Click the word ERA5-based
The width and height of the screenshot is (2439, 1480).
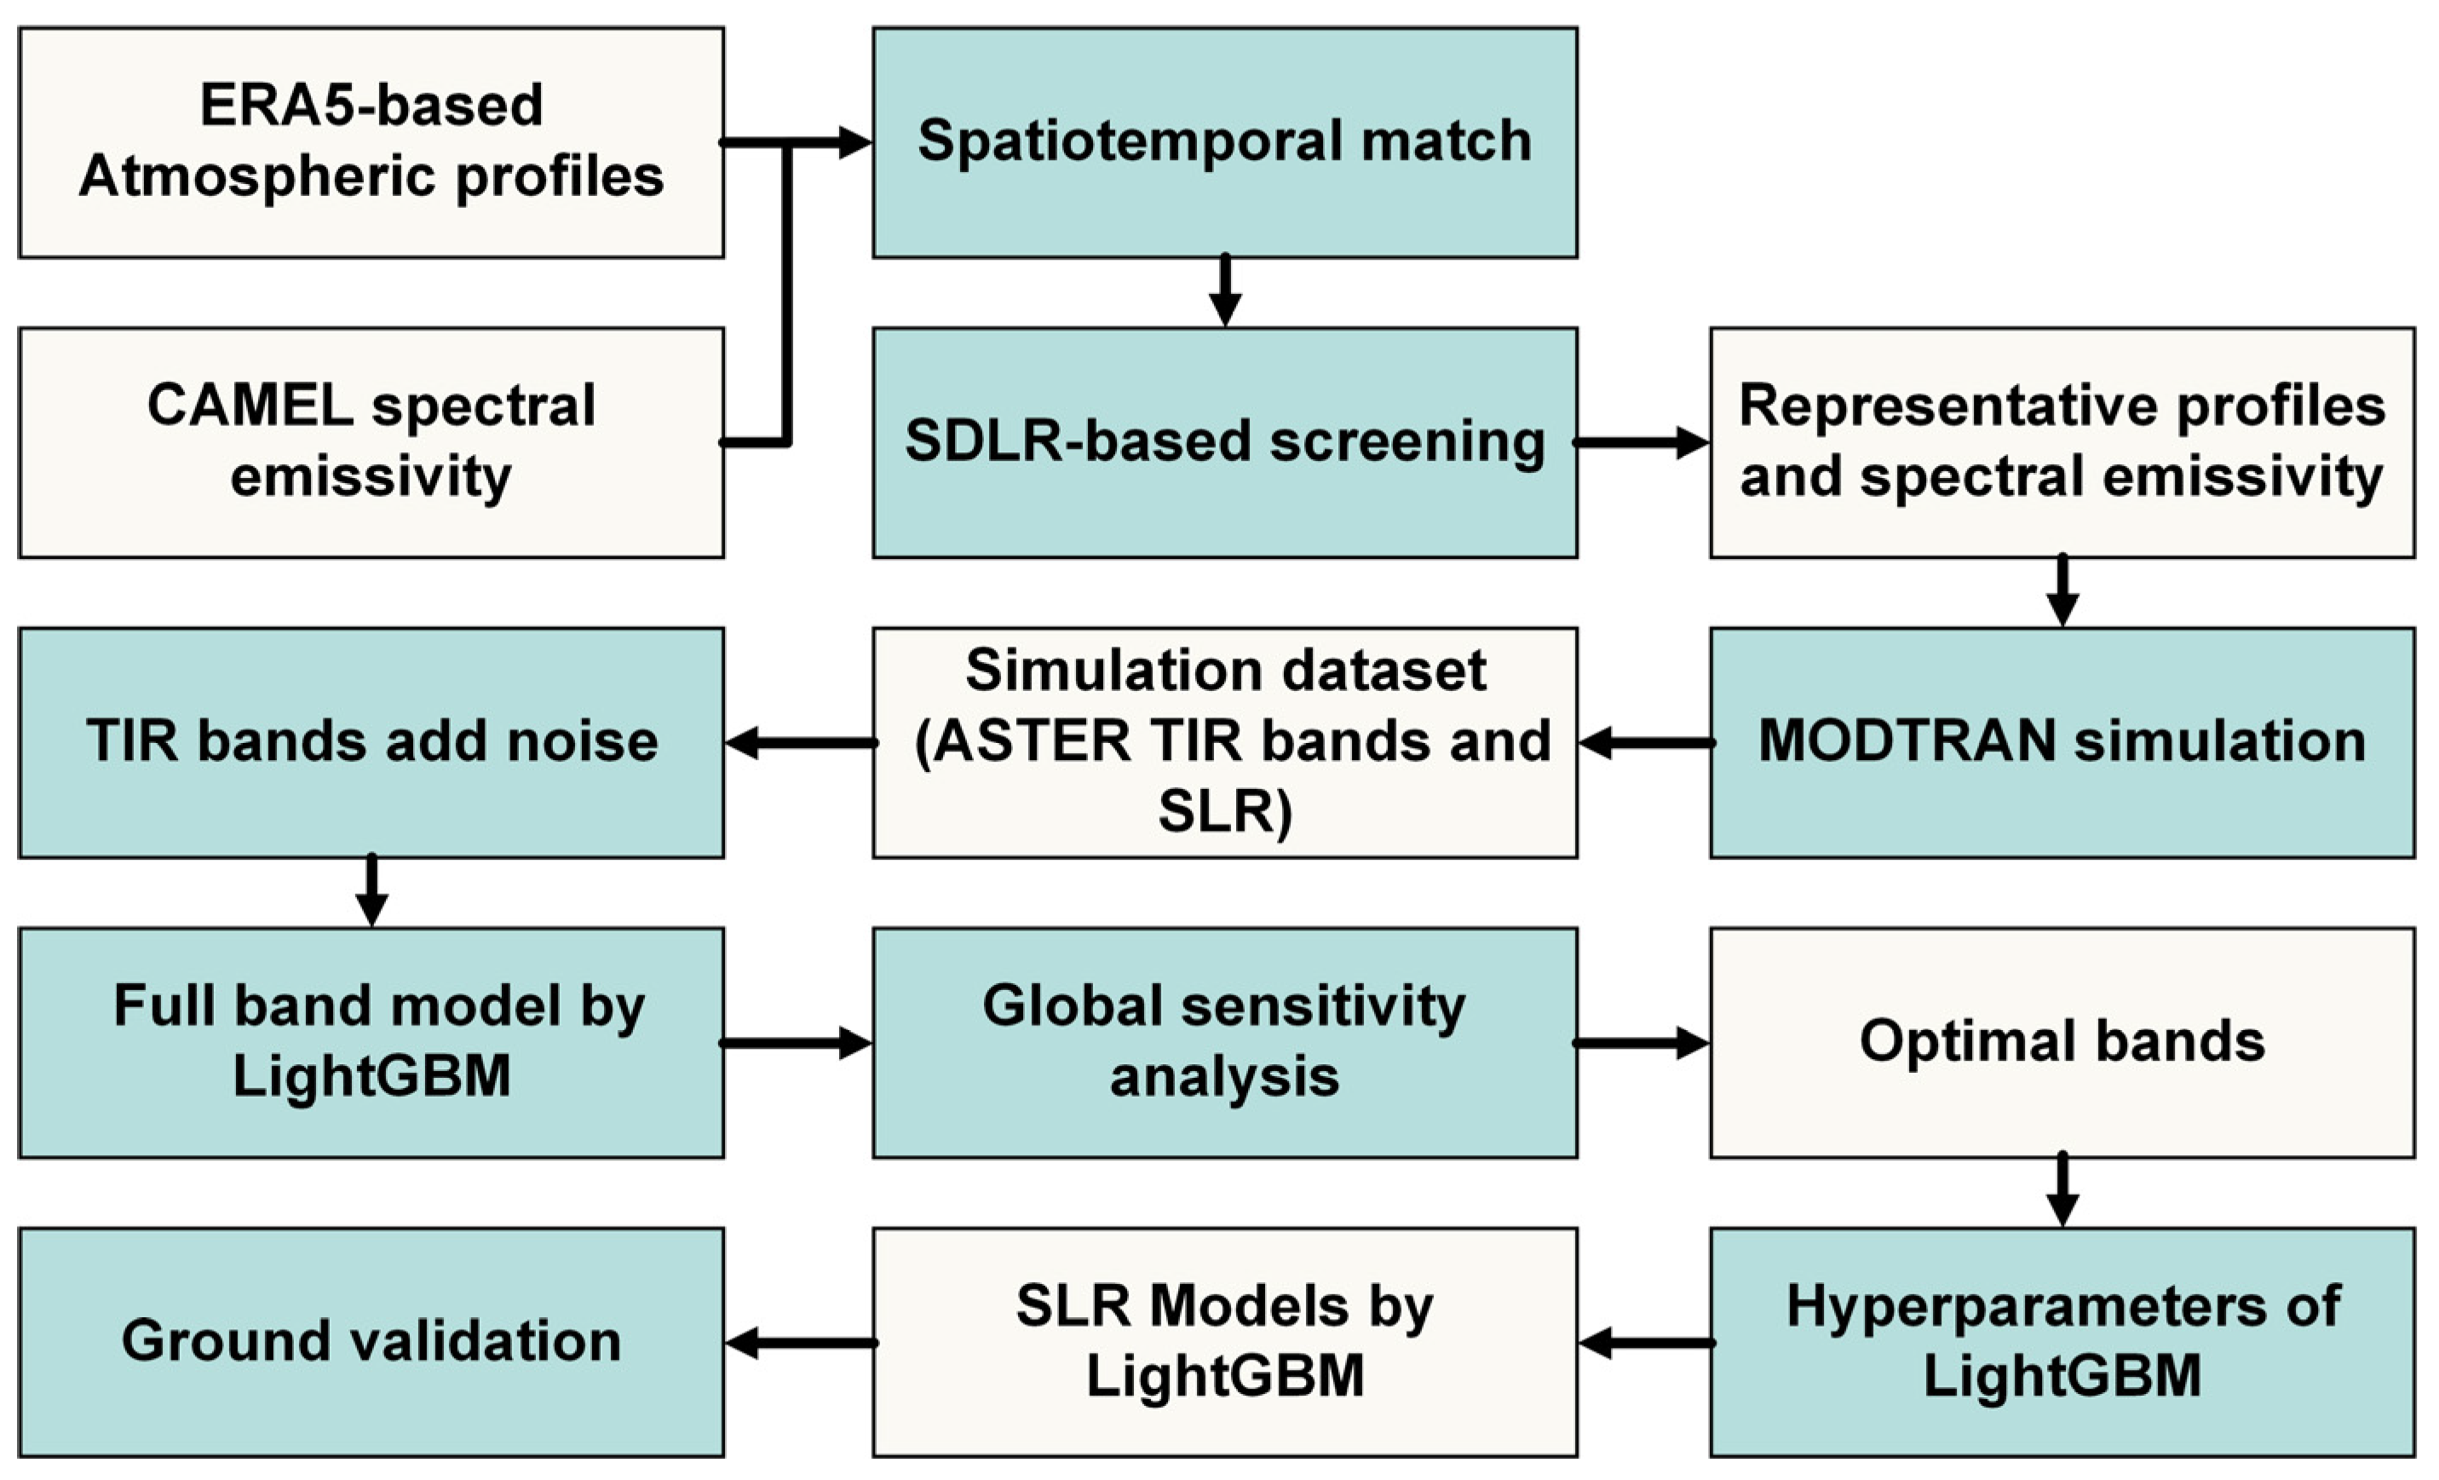pyautogui.click(x=371, y=105)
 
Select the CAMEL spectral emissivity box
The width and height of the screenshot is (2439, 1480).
pyautogui.click(x=371, y=442)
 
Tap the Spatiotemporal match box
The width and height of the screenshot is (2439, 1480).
pyautogui.click(x=1224, y=141)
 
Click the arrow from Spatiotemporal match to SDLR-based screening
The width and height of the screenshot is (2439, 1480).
pyautogui.click(x=1225, y=292)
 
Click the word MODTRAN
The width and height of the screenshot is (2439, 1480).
pyautogui.click(x=1907, y=740)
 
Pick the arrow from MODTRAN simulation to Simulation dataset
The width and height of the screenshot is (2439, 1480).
pyautogui.click(x=1644, y=742)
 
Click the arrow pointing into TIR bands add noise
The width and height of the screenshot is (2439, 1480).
pyautogui.click(x=799, y=742)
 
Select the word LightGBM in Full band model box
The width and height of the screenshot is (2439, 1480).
pyautogui.click(x=371, y=1076)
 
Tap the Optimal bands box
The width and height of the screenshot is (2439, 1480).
pyautogui.click(x=2062, y=1041)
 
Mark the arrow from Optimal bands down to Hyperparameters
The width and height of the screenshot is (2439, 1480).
pyautogui.click(x=2062, y=1191)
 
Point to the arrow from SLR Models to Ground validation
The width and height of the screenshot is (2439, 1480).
pyautogui.click(x=799, y=1344)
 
